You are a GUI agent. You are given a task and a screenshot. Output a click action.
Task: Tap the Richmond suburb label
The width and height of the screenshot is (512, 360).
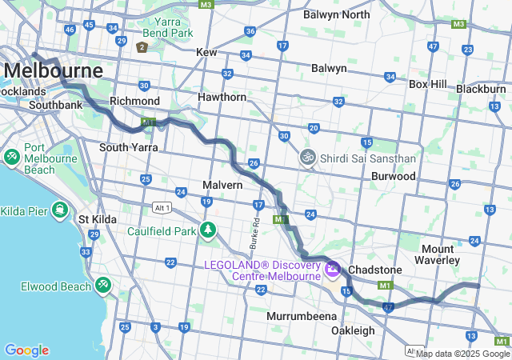click(134, 102)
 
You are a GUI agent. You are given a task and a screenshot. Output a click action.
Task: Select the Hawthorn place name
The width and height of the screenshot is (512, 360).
click(223, 97)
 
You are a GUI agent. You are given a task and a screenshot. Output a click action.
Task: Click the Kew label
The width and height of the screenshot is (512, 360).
click(206, 52)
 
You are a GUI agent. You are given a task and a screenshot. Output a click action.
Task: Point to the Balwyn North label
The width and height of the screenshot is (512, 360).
click(336, 14)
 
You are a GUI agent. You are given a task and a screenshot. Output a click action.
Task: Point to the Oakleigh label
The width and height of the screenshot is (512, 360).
click(353, 330)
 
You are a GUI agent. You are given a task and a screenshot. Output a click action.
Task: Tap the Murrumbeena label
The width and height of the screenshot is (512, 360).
click(301, 316)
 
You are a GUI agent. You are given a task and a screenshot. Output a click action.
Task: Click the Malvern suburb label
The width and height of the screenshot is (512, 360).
click(222, 185)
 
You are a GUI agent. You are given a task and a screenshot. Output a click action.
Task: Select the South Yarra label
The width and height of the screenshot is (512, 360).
click(128, 147)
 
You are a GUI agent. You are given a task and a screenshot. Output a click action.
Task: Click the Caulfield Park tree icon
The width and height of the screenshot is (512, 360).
click(208, 231)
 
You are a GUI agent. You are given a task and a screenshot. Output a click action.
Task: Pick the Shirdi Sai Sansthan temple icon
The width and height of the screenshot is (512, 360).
click(306, 158)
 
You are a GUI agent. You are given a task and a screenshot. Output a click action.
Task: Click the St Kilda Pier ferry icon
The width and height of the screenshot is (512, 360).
click(59, 210)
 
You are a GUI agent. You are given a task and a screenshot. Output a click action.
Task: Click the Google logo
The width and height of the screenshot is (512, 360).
click(26, 350)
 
